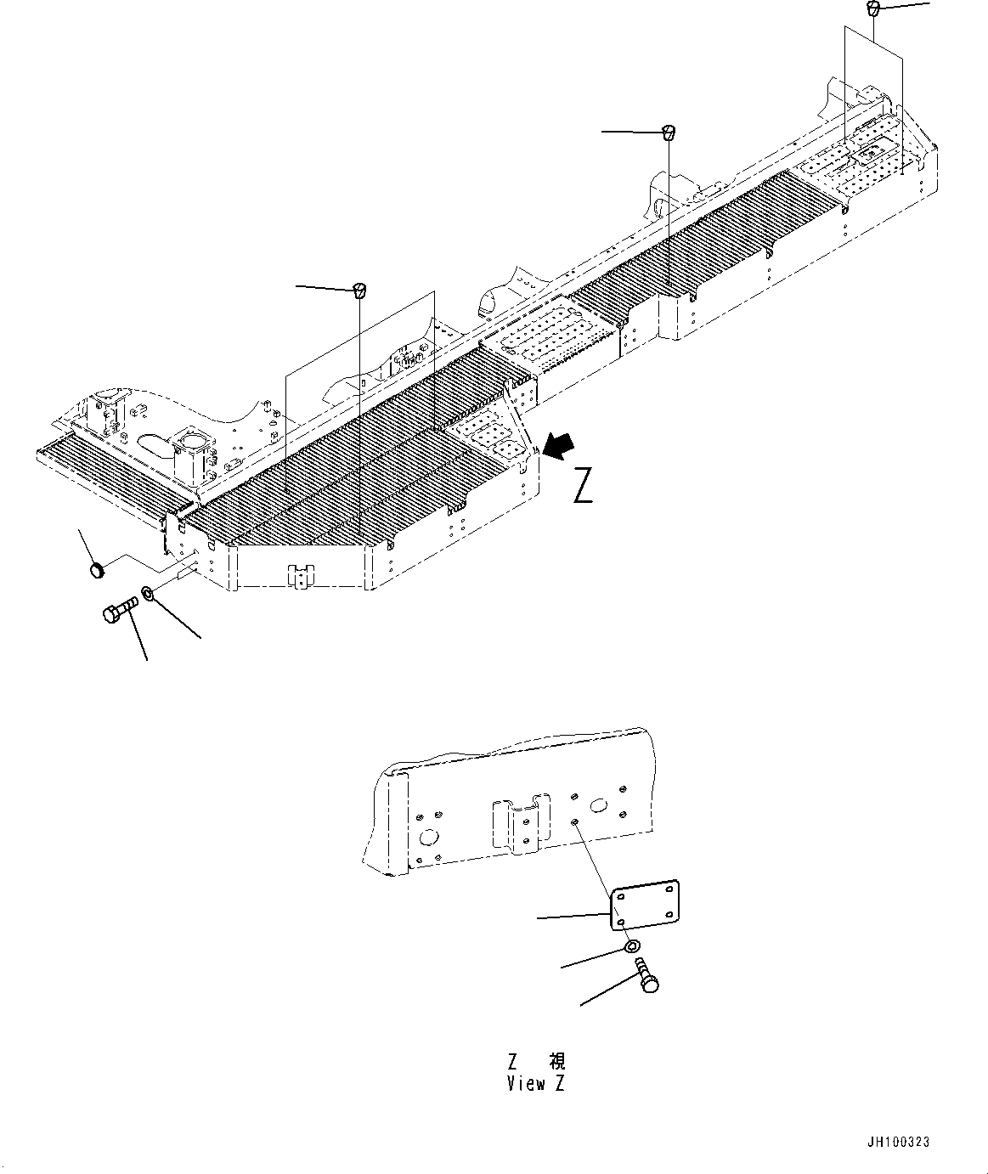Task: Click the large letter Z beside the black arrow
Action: click(583, 486)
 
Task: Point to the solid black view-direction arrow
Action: click(560, 447)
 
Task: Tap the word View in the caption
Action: click(527, 1083)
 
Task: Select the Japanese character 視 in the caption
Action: click(557, 1061)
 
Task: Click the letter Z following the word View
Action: click(559, 1083)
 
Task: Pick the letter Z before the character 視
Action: click(512, 1062)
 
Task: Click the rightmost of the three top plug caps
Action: click(872, 8)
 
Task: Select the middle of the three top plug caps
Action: click(668, 133)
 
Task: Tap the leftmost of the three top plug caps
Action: click(359, 291)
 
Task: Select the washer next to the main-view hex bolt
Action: click(148, 593)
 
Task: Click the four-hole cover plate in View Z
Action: click(645, 906)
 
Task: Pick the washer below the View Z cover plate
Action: click(631, 948)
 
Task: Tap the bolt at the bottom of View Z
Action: click(646, 975)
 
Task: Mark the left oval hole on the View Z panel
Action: click(429, 838)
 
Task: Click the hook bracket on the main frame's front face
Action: click(302, 576)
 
